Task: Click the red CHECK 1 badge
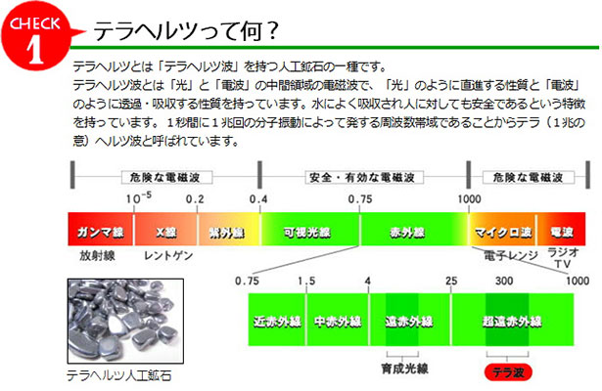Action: point(36,36)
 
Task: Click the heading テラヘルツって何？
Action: point(186,31)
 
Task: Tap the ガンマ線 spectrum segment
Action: point(101,230)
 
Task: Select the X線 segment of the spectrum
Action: point(165,230)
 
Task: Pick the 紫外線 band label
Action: point(226,233)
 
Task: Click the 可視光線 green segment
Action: point(310,230)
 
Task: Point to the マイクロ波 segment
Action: point(502,230)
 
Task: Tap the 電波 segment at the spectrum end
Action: point(561,230)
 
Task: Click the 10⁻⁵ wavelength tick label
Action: point(139,198)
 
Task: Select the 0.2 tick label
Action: point(195,199)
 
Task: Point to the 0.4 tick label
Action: point(258,199)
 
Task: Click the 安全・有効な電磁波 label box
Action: point(364,178)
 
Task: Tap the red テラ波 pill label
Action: point(508,372)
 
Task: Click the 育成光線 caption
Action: point(404,369)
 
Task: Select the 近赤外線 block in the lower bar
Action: point(277,320)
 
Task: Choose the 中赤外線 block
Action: point(338,320)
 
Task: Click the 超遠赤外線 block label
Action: point(512,322)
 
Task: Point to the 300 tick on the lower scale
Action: point(504,281)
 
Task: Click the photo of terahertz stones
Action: point(125,321)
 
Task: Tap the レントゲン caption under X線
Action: point(168,256)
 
